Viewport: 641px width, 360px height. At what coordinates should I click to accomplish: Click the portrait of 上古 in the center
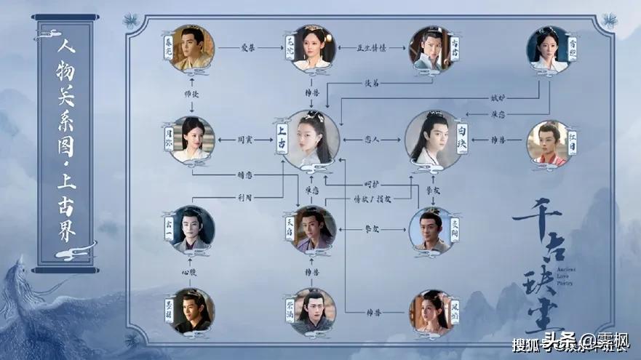[x=314, y=138]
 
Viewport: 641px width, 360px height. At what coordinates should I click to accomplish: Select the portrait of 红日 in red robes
[x=546, y=140]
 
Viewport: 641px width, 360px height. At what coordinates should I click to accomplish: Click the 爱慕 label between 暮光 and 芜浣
[x=249, y=47]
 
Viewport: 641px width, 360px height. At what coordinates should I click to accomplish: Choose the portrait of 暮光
[x=192, y=47]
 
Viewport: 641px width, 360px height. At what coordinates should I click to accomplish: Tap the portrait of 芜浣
[x=314, y=47]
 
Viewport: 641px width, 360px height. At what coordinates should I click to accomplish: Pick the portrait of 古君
[x=431, y=48]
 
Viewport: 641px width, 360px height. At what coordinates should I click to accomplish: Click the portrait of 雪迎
[x=548, y=48]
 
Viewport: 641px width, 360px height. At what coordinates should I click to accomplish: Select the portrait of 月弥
[x=193, y=139]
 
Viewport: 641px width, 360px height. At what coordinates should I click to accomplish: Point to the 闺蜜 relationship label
[x=245, y=139]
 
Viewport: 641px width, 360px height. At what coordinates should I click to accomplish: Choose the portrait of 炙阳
[x=431, y=229]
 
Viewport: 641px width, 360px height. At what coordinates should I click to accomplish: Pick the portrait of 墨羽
[x=192, y=311]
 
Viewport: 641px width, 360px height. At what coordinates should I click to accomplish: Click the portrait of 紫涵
[x=314, y=311]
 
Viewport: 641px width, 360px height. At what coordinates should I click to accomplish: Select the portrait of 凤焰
[x=431, y=311]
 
